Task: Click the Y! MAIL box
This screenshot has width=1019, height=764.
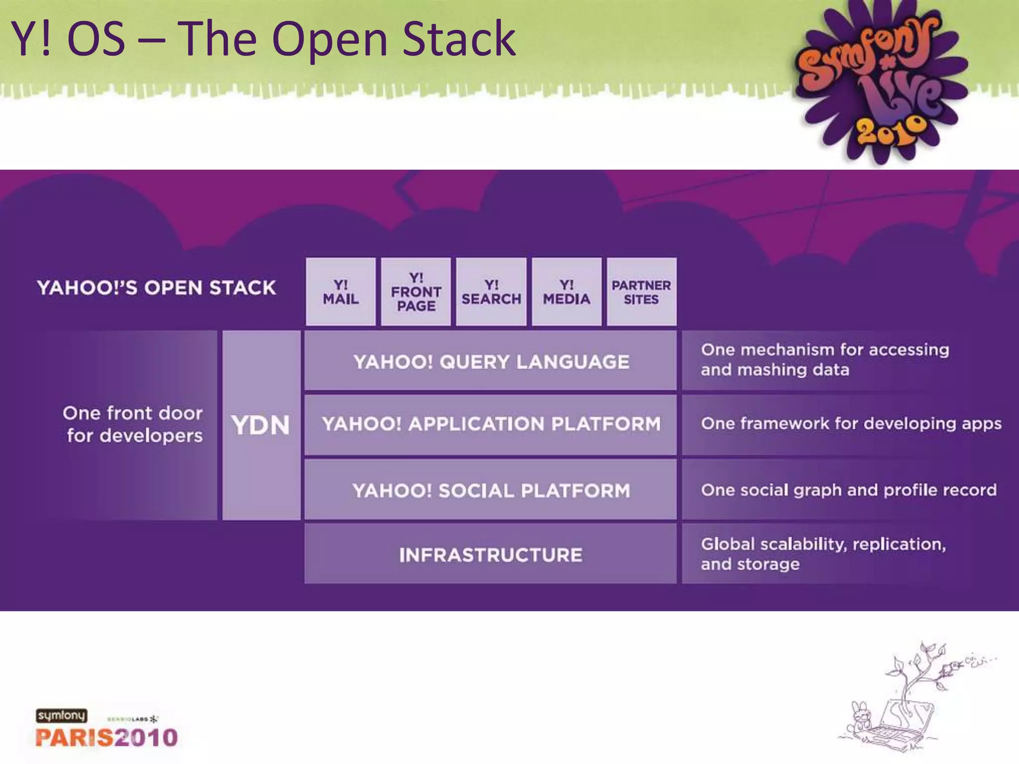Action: (x=341, y=292)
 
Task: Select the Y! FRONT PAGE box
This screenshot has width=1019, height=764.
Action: (x=416, y=292)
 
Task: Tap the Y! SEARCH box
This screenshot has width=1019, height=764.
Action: (x=491, y=292)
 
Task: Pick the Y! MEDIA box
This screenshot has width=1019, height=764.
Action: (x=567, y=292)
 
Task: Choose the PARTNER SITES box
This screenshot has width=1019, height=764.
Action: (x=641, y=292)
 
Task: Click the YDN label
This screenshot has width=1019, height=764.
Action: (x=261, y=425)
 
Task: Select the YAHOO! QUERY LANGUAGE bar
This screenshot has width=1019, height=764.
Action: (x=491, y=362)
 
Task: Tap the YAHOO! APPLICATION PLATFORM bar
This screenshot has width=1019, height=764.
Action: (x=491, y=424)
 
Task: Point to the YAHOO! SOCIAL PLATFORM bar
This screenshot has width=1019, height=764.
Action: (x=491, y=490)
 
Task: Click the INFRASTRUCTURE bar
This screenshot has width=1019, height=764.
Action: (x=491, y=555)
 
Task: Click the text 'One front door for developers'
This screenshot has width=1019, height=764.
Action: (x=133, y=424)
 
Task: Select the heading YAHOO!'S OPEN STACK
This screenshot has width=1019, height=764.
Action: (x=156, y=288)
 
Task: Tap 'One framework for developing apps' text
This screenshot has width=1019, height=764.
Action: (x=851, y=424)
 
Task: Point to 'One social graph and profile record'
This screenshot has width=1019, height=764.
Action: (x=848, y=490)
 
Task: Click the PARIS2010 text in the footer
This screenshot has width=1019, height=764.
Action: (x=106, y=737)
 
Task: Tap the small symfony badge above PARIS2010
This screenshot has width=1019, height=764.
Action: (x=61, y=716)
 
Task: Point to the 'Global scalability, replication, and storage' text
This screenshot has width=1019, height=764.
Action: (x=823, y=554)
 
